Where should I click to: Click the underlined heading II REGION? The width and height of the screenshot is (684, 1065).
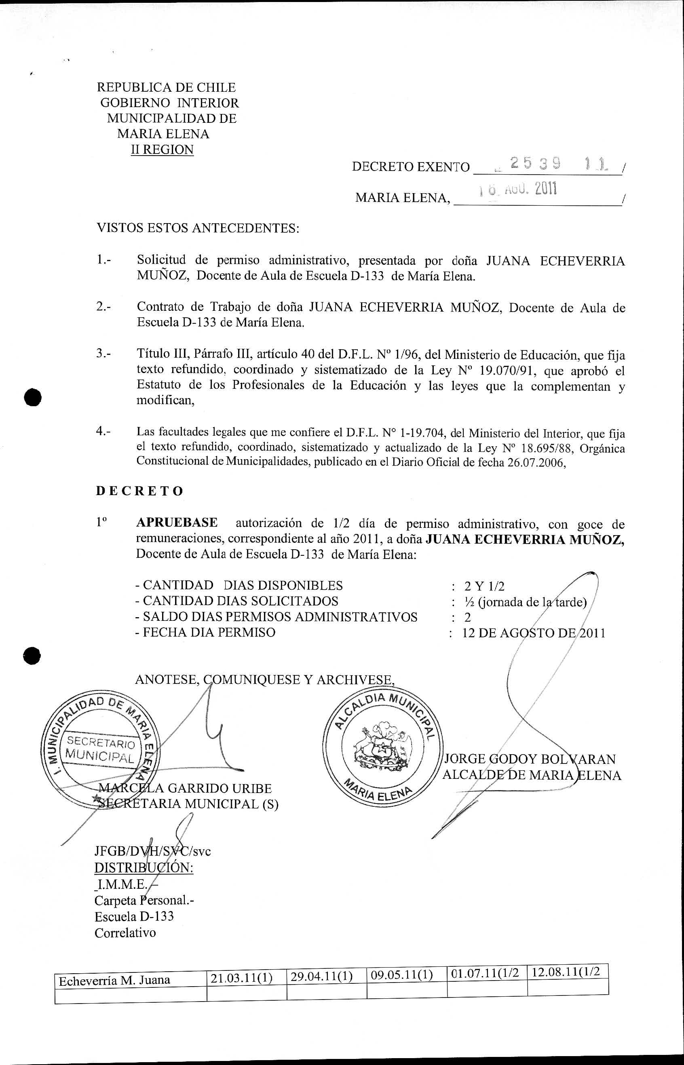162,150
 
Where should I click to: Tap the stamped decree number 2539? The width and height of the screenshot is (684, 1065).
535,164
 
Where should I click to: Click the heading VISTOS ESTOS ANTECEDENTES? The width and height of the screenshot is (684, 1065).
198,229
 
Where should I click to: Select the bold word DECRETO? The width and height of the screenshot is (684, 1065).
139,491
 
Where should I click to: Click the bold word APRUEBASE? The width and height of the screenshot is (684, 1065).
177,523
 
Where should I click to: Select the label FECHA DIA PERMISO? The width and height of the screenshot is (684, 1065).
208,632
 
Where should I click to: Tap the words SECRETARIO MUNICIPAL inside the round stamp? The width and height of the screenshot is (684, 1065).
100,749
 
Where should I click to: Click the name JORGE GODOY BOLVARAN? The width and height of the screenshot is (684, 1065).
530,759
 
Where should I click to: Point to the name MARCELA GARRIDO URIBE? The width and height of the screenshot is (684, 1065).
185,789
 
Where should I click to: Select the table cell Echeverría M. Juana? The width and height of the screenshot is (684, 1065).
114,980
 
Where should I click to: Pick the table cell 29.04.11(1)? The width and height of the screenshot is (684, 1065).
321,978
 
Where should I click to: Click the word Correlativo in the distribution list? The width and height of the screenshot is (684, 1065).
125,932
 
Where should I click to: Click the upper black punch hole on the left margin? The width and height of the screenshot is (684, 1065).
33,396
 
